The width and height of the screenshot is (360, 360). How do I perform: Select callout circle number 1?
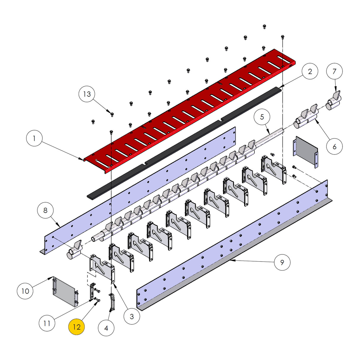point(34,138)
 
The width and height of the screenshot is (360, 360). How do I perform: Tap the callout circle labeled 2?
point(310,71)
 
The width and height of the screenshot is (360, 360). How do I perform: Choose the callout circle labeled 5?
point(262,117)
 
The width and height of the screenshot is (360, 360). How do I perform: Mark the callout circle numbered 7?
point(334,71)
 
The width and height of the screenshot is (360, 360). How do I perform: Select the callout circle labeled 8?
point(45,211)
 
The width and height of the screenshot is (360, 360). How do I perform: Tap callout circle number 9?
point(282,262)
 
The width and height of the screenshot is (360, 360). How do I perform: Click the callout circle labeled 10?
point(25,291)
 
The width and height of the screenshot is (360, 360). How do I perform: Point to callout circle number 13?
point(87,94)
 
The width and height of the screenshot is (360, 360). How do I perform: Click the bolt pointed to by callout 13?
point(112,114)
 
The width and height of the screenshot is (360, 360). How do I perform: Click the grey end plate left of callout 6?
point(305,152)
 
